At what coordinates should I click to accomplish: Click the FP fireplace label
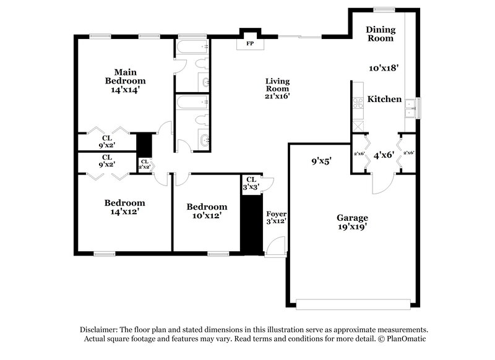(250, 45)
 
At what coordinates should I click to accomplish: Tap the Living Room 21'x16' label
(278, 88)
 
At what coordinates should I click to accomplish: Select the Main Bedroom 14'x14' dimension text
(125, 89)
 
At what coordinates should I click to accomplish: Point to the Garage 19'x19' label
(352, 222)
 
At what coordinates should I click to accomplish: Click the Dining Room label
(380, 33)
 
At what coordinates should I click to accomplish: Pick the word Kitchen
(385, 100)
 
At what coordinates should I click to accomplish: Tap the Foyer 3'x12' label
(275, 216)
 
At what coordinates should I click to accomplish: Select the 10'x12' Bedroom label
(207, 212)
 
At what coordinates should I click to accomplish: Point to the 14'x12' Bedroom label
(124, 207)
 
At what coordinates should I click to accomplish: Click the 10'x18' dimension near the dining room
(383, 69)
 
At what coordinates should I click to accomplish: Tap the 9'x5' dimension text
(322, 161)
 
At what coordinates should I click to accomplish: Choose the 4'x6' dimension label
(384, 155)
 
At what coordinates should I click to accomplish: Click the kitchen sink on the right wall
(410, 109)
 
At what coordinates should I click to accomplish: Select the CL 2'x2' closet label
(144, 164)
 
